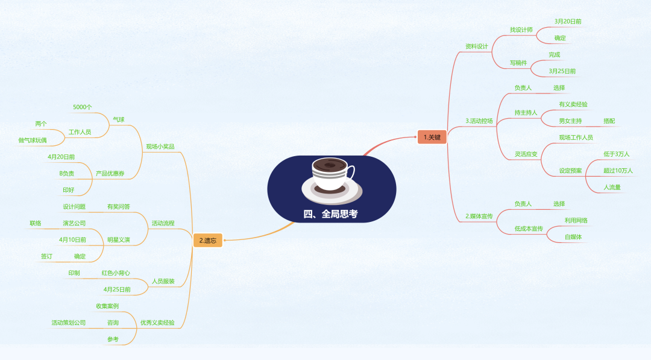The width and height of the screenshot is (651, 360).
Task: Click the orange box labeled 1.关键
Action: point(432,137)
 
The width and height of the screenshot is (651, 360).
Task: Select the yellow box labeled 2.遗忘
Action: point(207,241)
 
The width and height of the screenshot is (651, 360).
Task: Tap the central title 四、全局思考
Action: point(330,214)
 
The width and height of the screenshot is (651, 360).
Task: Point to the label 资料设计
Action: point(477,46)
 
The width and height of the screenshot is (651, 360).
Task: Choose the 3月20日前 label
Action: point(568,22)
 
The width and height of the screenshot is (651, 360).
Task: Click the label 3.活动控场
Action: point(479,121)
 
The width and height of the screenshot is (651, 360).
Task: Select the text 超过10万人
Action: point(618,171)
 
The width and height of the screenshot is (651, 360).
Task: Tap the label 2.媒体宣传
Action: point(479,216)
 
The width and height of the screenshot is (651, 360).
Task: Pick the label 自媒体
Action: point(573,237)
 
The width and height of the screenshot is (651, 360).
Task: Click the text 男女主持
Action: point(570,121)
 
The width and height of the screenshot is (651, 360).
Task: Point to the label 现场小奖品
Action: point(160,147)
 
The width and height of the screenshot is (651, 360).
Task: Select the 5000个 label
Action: point(82,107)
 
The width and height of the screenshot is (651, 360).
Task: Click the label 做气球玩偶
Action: point(33,141)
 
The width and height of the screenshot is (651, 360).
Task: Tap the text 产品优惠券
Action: point(110,174)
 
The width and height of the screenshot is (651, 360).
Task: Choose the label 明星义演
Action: point(118,240)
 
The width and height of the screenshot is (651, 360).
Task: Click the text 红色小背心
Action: point(116,273)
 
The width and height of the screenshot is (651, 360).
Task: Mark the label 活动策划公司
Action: point(69,323)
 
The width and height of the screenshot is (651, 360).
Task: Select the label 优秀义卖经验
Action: point(157,323)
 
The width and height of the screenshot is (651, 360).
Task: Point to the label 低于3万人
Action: point(617,154)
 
